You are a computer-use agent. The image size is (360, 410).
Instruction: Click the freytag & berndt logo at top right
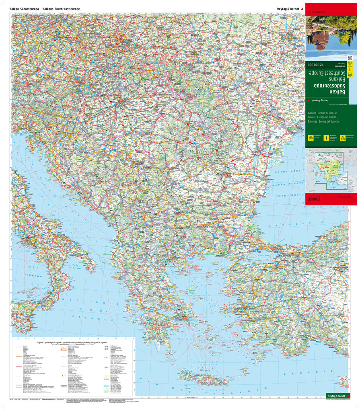[x=287, y=8]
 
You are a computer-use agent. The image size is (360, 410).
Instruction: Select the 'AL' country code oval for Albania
[x=119, y=243]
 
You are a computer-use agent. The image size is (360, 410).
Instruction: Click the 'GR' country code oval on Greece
[x=154, y=293]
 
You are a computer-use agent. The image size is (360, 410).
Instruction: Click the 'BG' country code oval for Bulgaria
[x=198, y=221]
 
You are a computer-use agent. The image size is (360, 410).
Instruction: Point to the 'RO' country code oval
[x=206, y=152]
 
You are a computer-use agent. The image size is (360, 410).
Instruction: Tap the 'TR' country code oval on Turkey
[x=298, y=286]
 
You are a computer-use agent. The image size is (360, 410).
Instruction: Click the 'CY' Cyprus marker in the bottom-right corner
[x=344, y=379]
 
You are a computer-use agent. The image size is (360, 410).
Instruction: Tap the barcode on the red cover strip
[x=316, y=199]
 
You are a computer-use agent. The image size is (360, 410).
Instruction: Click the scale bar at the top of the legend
[x=76, y=345]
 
